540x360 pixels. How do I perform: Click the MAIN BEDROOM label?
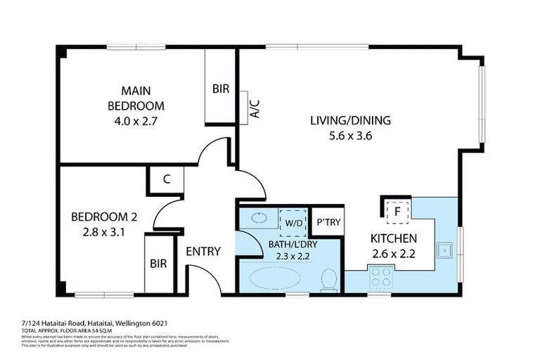(x=136, y=98)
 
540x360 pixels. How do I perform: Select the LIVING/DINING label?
(x=350, y=120)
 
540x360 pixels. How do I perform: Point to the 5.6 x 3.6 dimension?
(x=350, y=136)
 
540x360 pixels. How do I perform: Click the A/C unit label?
(x=255, y=109)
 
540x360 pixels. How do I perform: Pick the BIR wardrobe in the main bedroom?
(x=220, y=89)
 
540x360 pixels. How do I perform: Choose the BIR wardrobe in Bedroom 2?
(x=158, y=264)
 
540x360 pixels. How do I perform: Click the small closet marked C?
(x=166, y=179)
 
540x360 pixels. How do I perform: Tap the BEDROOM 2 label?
(x=104, y=217)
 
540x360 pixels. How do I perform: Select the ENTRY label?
(x=203, y=251)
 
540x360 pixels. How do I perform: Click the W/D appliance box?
(x=292, y=221)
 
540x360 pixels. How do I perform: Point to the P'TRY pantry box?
(x=328, y=222)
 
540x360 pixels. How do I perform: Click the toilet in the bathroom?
(x=328, y=281)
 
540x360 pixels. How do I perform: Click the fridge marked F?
(x=397, y=210)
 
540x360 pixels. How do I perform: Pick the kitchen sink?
(x=444, y=249)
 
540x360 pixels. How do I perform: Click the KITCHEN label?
(x=394, y=238)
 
